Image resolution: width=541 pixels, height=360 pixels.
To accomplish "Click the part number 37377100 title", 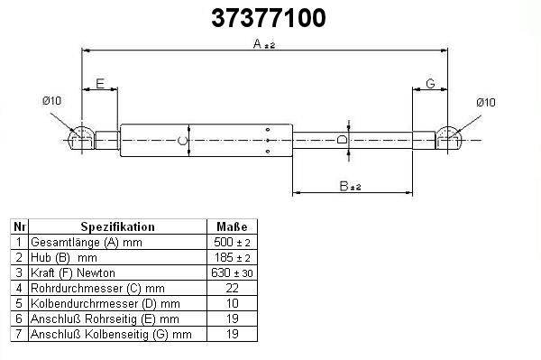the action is pyautogui.click(x=269, y=18).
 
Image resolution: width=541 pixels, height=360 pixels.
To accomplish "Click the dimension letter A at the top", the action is pyautogui.click(x=257, y=44).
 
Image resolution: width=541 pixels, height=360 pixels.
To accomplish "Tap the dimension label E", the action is pyautogui.click(x=100, y=84).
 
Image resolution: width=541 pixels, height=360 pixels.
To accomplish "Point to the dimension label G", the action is pyautogui.click(x=430, y=84).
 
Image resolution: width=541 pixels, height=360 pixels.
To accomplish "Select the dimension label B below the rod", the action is pyautogui.click(x=344, y=186).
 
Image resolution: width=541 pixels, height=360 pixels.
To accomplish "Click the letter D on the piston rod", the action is pyautogui.click(x=342, y=140).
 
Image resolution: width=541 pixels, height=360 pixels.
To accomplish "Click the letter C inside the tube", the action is pyautogui.click(x=182, y=141).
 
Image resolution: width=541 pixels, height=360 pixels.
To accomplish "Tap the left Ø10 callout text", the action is pyautogui.click(x=51, y=101).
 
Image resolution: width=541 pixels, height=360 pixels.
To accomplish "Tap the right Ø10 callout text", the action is pyautogui.click(x=486, y=103).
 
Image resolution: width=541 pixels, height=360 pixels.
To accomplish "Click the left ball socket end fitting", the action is pyautogui.click(x=82, y=139).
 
